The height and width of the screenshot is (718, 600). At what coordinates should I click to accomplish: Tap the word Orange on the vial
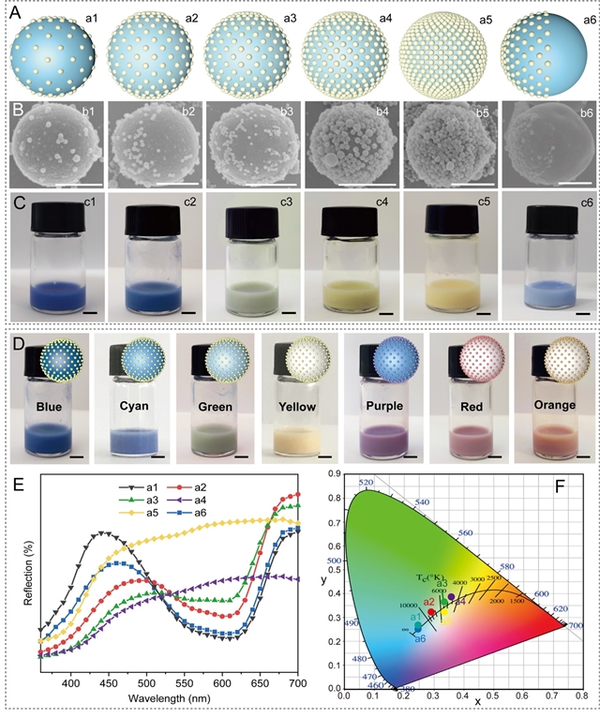coord(552,409)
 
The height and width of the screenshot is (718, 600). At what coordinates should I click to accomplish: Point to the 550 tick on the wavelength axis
coord(185,686)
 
